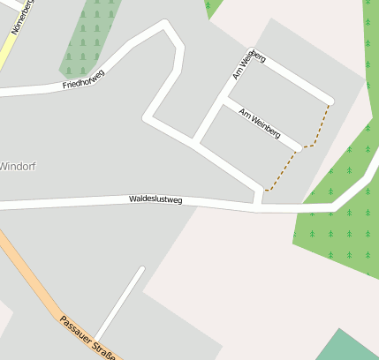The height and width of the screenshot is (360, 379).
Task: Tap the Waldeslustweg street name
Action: (x=155, y=200)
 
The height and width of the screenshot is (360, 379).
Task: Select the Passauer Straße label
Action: (x=88, y=337)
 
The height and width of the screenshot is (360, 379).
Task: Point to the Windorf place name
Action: (x=18, y=166)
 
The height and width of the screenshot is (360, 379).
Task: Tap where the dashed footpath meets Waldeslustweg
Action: (x=264, y=190)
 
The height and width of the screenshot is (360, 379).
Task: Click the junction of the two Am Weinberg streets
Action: (x=221, y=103)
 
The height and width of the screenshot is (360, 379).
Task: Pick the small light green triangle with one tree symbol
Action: (x=212, y=8)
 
